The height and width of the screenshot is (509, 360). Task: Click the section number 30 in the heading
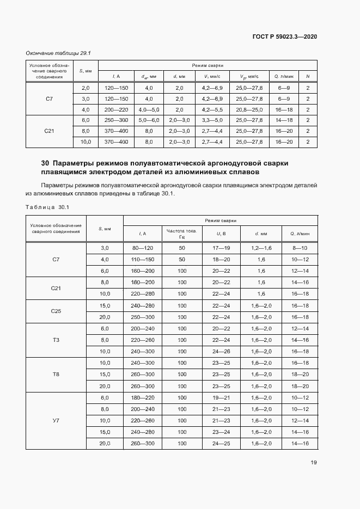pyautogui.click(x=45, y=163)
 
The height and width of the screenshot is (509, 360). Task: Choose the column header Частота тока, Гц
pyautogui.click(x=182, y=234)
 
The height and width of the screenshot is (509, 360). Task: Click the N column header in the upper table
pyautogui.click(x=308, y=76)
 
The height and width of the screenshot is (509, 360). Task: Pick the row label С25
pyautogui.click(x=56, y=311)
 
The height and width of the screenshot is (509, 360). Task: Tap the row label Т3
pyautogui.click(x=56, y=340)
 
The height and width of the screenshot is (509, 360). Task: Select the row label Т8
pyautogui.click(x=56, y=374)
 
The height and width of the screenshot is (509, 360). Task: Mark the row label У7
pyautogui.click(x=56, y=420)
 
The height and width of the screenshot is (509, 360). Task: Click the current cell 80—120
pyautogui.click(x=143, y=248)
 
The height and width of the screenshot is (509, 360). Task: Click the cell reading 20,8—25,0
pyautogui.click(x=249, y=109)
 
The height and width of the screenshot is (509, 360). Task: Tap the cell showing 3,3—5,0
pyautogui.click(x=212, y=120)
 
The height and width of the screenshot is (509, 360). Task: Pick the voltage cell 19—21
pyautogui.click(x=221, y=397)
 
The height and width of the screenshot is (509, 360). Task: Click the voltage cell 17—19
pyautogui.click(x=221, y=248)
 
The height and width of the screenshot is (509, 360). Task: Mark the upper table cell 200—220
pyautogui.click(x=116, y=109)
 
